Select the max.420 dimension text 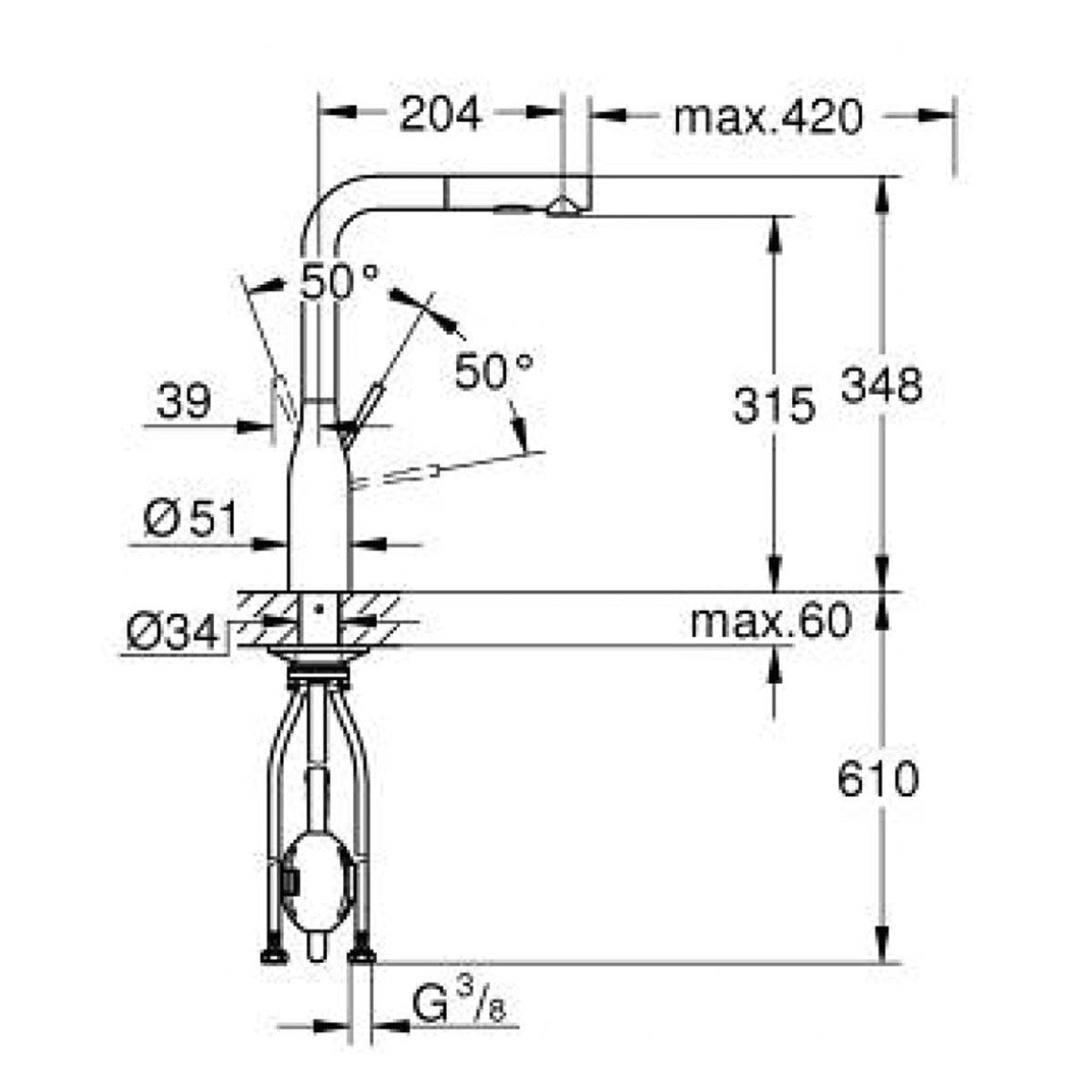(x=767, y=116)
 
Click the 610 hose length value (x=878, y=780)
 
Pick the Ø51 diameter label (x=188, y=520)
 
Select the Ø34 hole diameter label (x=172, y=633)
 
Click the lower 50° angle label (x=494, y=371)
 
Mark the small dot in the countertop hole (x=315, y=608)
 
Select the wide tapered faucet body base (x=316, y=520)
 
